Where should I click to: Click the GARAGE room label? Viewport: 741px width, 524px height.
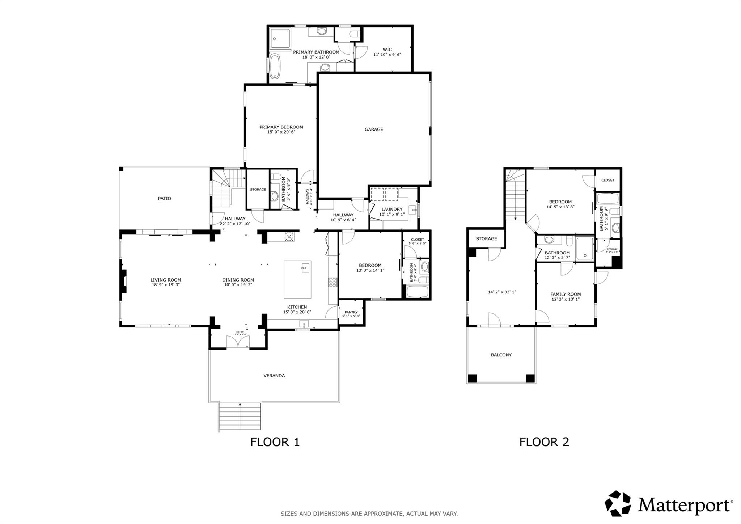[x=373, y=129]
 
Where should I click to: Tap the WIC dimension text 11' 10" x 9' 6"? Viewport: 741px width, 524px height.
[x=387, y=55]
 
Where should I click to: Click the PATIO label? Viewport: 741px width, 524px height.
[x=164, y=198]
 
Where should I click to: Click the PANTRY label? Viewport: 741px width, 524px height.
[x=351, y=312]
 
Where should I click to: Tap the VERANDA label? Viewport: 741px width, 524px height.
[x=274, y=376]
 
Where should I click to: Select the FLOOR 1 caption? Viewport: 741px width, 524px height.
[x=275, y=442]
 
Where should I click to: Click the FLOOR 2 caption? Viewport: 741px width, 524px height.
[x=544, y=442]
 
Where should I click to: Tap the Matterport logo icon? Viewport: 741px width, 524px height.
[x=618, y=503]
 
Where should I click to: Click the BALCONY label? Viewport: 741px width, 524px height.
[x=501, y=355]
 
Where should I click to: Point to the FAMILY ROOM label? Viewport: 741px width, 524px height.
[x=566, y=294]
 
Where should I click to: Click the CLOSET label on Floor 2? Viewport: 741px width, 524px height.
[x=607, y=180]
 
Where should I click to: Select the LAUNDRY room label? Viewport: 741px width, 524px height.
[x=392, y=209]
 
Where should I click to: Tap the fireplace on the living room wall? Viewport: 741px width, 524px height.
[x=123, y=281]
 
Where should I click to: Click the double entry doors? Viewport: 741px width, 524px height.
[x=238, y=342]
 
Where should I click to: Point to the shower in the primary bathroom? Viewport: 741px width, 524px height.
[x=281, y=39]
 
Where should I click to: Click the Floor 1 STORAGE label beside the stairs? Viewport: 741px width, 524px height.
[x=258, y=189]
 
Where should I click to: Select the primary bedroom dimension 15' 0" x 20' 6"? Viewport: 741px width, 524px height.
[x=281, y=132]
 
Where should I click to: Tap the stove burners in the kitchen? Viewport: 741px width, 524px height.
[x=333, y=282]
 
